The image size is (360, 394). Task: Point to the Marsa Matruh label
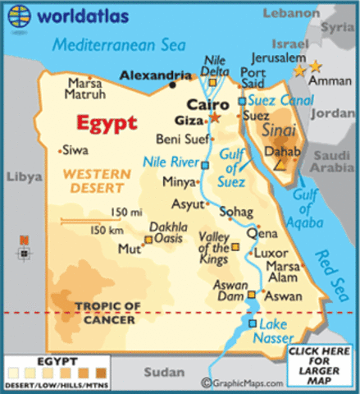tap(84, 89)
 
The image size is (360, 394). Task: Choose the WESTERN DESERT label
tap(96, 181)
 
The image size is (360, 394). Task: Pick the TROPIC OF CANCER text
tap(107, 313)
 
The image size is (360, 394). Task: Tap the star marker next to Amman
tap(317, 65)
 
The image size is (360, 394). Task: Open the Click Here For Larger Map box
tap(320, 365)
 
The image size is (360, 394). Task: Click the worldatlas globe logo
tap(17, 14)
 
